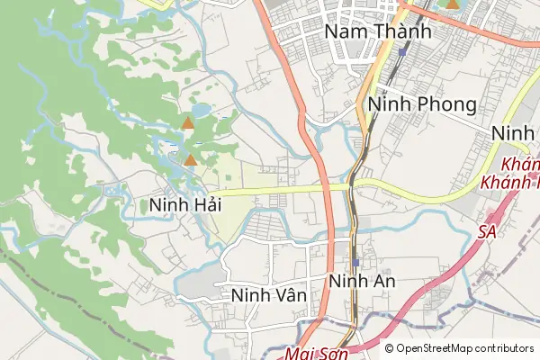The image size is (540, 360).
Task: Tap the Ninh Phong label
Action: click(x=422, y=105)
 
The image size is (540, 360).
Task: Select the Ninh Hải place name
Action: click(x=184, y=205)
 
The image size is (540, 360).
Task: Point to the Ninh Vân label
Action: click(x=269, y=295)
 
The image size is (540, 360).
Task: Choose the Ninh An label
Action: click(x=363, y=282)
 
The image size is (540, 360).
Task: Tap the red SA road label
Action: click(x=488, y=231)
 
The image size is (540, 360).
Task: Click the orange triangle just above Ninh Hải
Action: click(x=191, y=160)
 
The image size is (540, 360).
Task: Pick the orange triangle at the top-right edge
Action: click(x=452, y=4)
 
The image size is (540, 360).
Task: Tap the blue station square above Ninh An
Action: click(x=356, y=262)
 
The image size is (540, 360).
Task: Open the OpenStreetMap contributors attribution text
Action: click(x=463, y=348)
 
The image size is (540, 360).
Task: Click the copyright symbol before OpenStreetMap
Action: click(x=390, y=348)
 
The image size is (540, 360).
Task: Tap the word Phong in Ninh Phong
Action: click(x=446, y=105)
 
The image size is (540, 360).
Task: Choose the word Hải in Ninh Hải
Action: click(x=206, y=205)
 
